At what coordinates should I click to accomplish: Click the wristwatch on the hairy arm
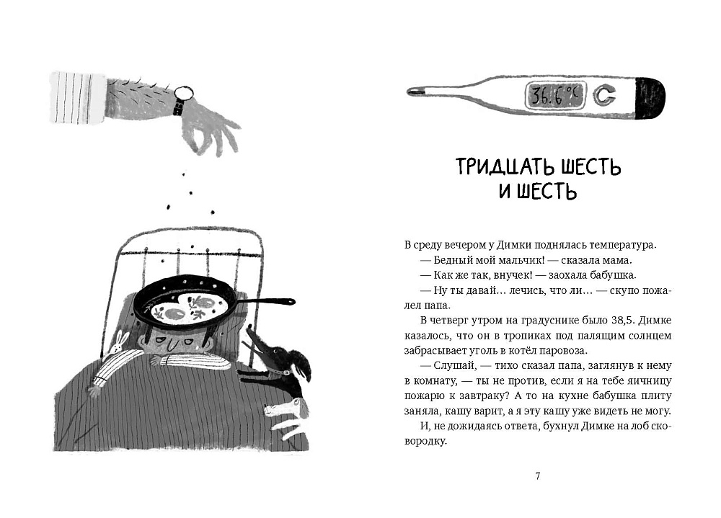[x=184, y=94]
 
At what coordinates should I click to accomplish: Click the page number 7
[x=538, y=475]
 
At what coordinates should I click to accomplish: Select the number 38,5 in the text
[x=611, y=321]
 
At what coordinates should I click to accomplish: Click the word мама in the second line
[x=619, y=261]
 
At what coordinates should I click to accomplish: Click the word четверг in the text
[x=452, y=321]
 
